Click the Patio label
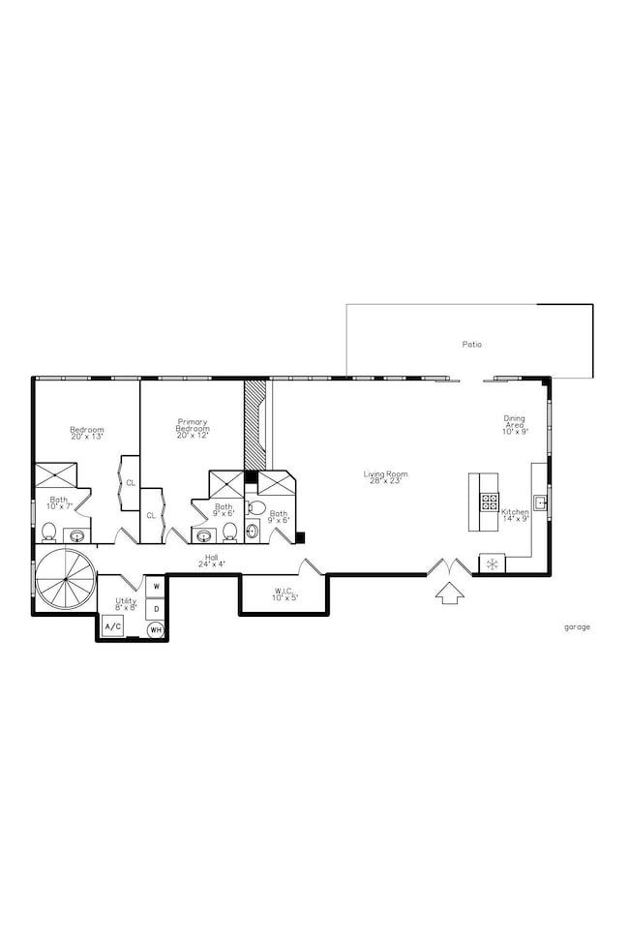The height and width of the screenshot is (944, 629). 471,344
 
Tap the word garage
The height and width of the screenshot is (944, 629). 577,626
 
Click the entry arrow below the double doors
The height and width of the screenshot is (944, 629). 449,592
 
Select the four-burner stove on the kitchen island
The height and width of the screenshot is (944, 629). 490,502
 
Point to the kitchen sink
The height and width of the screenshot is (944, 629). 540,502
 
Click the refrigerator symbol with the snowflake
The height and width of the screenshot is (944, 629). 492,563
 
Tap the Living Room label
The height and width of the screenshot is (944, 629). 385,477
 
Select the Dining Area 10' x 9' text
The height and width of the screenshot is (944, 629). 514,425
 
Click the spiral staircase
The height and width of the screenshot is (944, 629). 64,578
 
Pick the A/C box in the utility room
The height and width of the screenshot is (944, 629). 112,627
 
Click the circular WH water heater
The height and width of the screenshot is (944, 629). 155,630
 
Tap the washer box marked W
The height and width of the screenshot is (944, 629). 155,587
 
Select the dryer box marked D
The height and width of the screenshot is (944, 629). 155,608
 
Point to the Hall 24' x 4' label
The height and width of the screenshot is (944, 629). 211,562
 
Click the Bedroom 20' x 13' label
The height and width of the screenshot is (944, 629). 86,433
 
